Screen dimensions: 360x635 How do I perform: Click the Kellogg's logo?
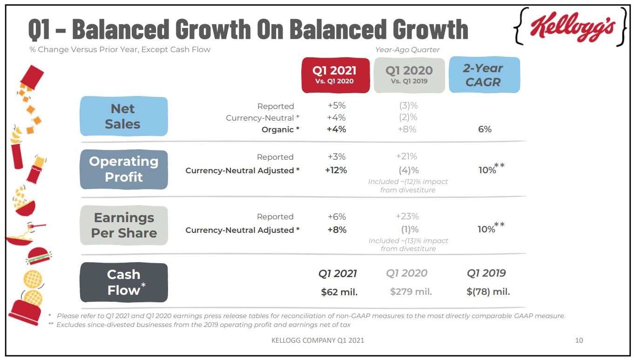(571, 27)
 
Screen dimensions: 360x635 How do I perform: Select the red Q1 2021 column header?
(335, 75)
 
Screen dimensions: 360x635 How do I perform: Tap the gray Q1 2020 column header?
(409, 75)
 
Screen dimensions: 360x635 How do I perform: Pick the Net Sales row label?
(123, 116)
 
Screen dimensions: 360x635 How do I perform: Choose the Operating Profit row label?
(123, 169)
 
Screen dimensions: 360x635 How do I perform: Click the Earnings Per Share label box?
(123, 225)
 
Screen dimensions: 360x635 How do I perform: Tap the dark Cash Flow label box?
(123, 282)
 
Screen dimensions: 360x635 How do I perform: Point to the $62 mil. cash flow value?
(339, 292)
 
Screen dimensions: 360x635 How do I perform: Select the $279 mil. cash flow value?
(411, 292)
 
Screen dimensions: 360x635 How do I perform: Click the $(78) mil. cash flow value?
(488, 292)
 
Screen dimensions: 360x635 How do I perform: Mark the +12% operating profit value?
(336, 170)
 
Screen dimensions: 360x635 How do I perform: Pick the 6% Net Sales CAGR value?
(485, 129)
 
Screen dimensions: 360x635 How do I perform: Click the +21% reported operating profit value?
(406, 156)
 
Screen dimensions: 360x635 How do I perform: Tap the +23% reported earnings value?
(407, 217)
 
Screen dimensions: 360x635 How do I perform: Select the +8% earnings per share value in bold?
(337, 230)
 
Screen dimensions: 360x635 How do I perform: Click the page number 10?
(579, 340)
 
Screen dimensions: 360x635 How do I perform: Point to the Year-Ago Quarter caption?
(407, 50)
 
